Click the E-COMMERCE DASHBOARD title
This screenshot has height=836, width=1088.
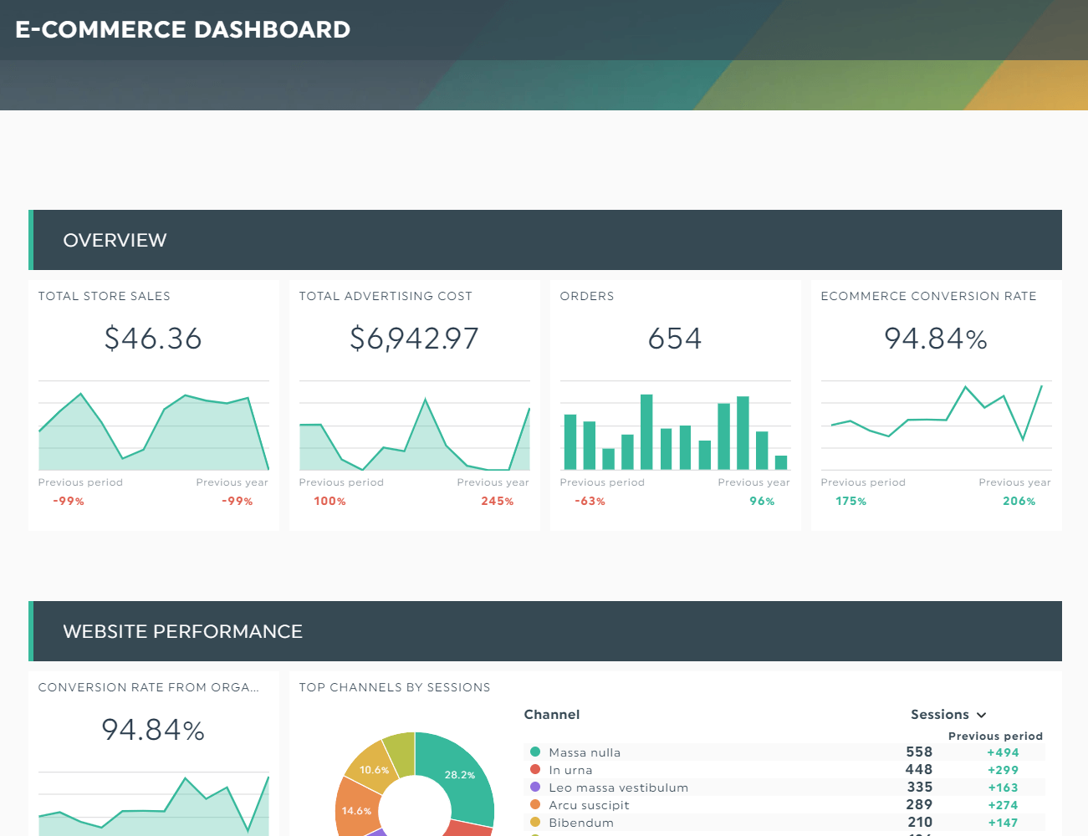pyautogui.click(x=182, y=29)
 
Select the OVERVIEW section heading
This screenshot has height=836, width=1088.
pyautogui.click(x=115, y=241)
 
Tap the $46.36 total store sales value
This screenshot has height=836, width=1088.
pyautogui.click(x=153, y=339)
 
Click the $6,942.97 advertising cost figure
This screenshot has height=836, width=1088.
pyautogui.click(x=414, y=339)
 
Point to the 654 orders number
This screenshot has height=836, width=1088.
pyautogui.click(x=675, y=339)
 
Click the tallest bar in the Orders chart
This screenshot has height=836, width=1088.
pyautogui.click(x=646, y=432)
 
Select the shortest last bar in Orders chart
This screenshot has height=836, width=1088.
pyautogui.click(x=781, y=462)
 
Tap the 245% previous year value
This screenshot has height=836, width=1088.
pyautogui.click(x=497, y=502)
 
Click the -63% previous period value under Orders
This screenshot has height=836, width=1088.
pyautogui.click(x=590, y=502)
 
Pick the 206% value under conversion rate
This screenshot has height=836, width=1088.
pyautogui.click(x=1019, y=502)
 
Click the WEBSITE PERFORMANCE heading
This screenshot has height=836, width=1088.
pyautogui.click(x=182, y=632)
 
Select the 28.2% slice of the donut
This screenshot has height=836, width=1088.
pyautogui.click(x=459, y=775)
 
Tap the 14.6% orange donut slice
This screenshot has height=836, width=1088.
pyautogui.click(x=356, y=811)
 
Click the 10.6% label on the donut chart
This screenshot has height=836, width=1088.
pyautogui.click(x=374, y=770)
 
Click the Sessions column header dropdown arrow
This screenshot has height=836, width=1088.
pyautogui.click(x=982, y=716)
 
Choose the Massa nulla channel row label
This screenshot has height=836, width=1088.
pyautogui.click(x=585, y=752)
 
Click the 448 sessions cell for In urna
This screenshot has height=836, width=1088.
pyautogui.click(x=918, y=770)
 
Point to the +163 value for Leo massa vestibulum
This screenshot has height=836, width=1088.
pyautogui.click(x=1003, y=788)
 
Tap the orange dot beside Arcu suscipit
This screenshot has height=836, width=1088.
pyautogui.click(x=535, y=805)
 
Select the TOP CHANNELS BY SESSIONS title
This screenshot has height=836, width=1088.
pyautogui.click(x=394, y=687)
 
